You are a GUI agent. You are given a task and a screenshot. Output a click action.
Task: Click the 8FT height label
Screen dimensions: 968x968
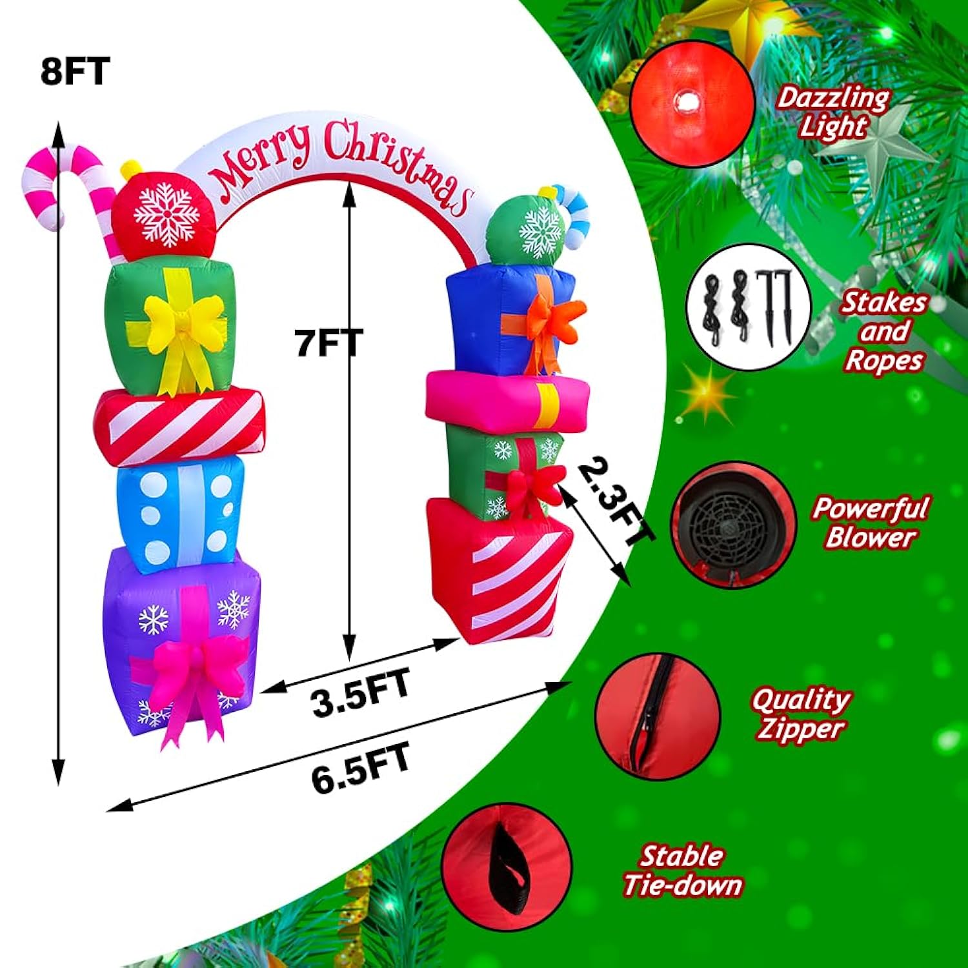75,71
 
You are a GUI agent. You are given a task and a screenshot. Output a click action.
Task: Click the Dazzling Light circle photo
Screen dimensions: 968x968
692,104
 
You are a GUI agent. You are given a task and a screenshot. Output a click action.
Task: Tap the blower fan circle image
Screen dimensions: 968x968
734,523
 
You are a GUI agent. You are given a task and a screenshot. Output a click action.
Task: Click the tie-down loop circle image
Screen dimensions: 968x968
508,867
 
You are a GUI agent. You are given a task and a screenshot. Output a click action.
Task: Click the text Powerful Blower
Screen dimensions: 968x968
871,522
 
